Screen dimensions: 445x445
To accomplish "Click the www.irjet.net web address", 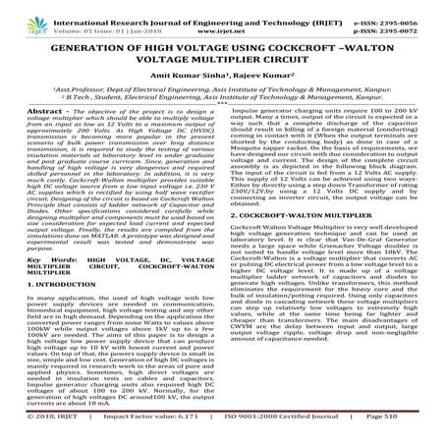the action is tap(222, 27).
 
